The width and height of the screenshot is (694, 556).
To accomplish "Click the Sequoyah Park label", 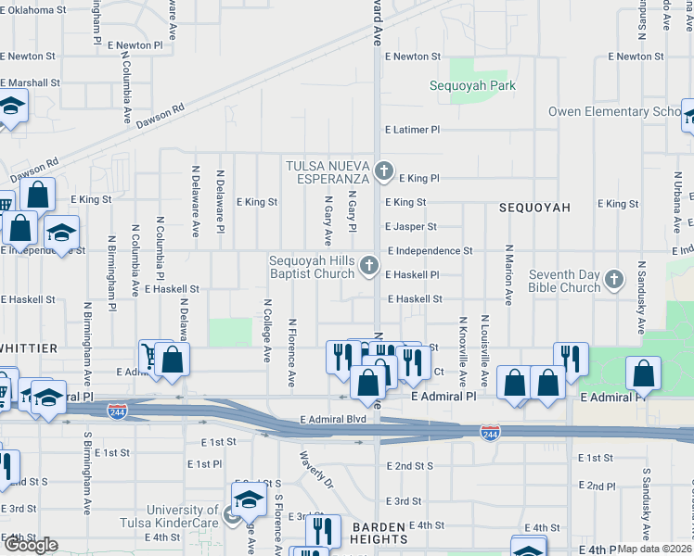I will click(472, 85).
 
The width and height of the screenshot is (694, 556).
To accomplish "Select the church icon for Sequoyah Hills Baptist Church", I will click(369, 267).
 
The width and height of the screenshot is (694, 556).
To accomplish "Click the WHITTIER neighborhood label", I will click(29, 347).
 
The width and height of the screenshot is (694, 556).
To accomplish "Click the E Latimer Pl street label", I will click(411, 130).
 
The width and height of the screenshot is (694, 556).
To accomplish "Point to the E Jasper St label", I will click(411, 226).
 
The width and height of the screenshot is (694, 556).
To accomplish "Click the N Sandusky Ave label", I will click(641, 297).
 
